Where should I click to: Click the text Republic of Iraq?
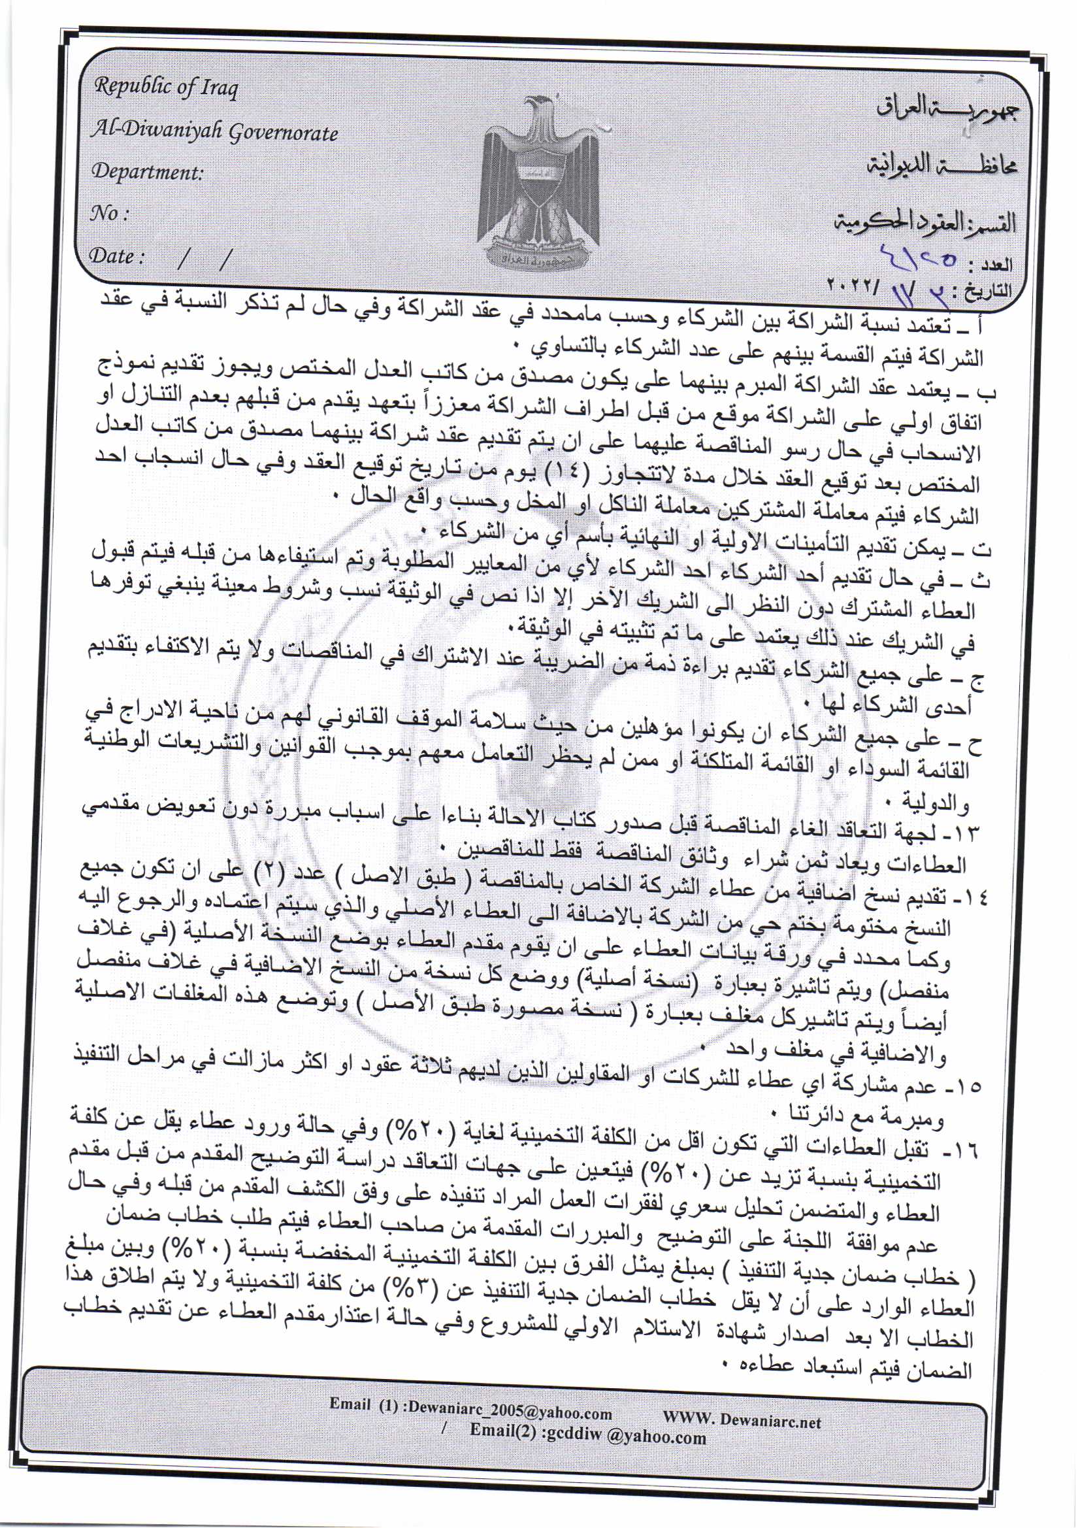click(x=166, y=88)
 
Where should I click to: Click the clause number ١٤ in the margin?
click(x=975, y=898)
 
